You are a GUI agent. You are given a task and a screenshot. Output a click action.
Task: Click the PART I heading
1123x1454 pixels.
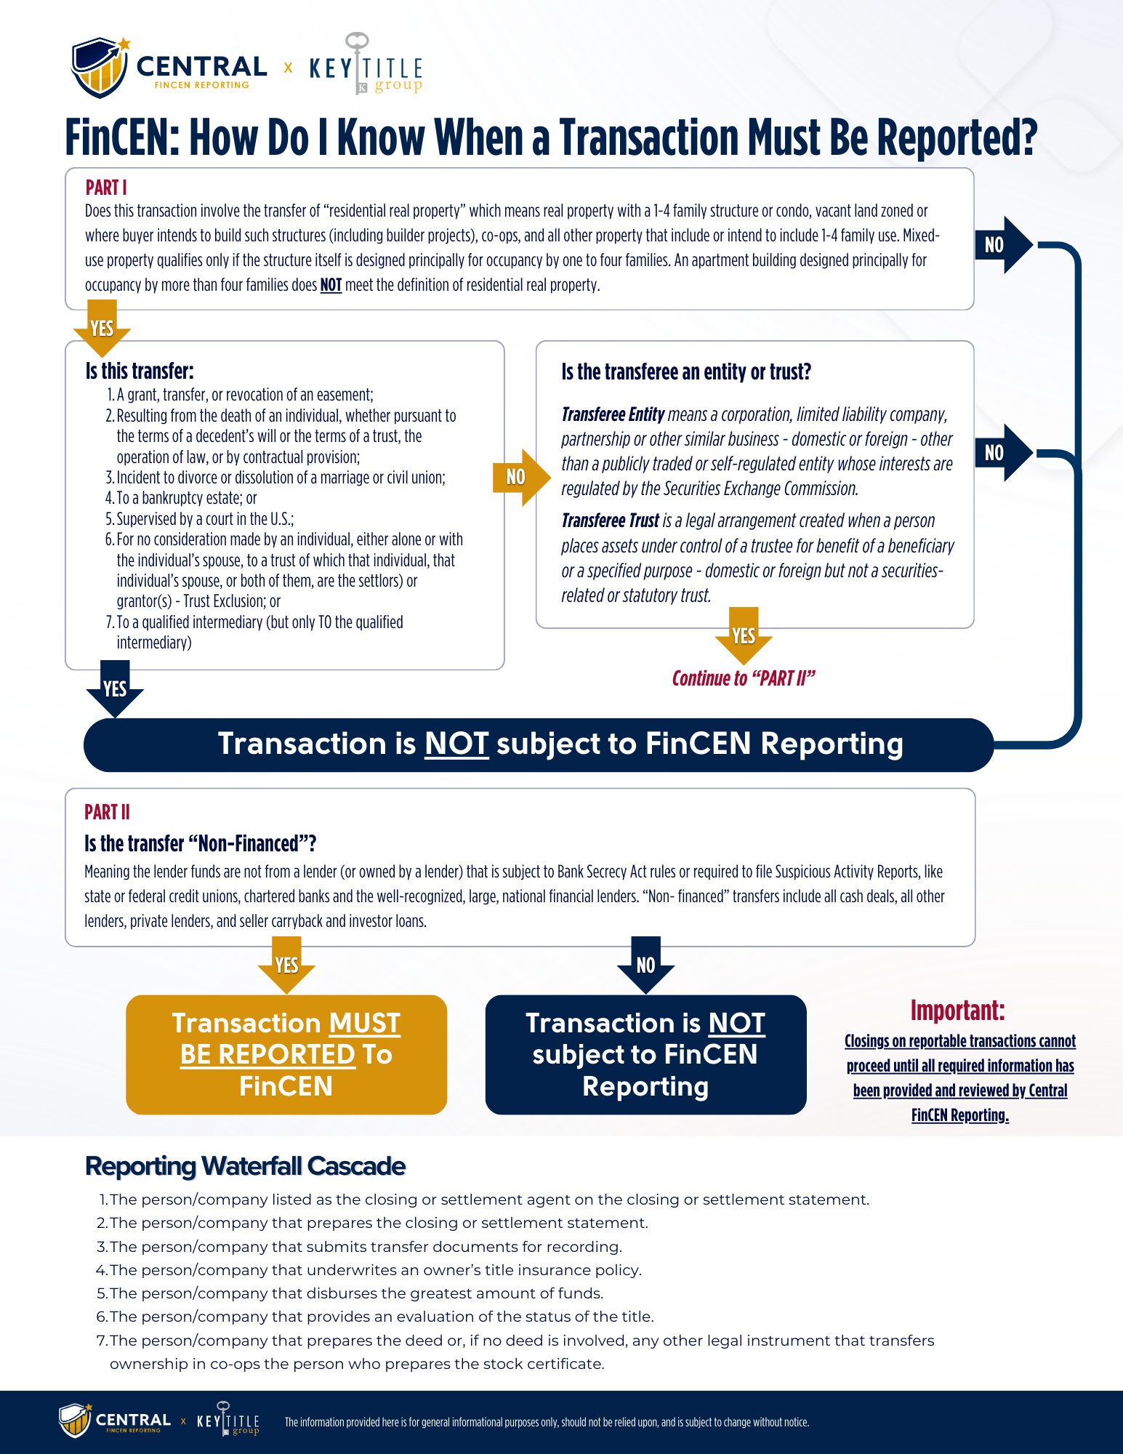(x=106, y=188)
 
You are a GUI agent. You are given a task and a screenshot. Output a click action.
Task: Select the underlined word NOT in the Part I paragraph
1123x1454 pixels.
(x=331, y=285)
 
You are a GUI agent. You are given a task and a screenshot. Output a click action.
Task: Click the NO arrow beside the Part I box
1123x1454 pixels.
(x=1002, y=245)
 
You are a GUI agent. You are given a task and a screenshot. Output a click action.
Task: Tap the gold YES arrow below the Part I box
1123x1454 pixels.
(x=102, y=328)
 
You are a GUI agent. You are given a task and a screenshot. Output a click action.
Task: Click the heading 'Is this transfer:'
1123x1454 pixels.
(x=140, y=371)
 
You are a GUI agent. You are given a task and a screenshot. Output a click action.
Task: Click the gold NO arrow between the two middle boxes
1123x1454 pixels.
(x=519, y=477)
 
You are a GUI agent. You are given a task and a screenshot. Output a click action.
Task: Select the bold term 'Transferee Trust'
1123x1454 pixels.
(x=610, y=521)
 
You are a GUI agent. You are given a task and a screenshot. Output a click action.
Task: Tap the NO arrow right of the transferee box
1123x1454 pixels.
(x=1002, y=453)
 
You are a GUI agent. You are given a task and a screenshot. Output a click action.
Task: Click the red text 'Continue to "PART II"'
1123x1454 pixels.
(x=743, y=678)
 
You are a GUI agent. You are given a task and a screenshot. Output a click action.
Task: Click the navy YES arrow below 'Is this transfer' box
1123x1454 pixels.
(x=115, y=688)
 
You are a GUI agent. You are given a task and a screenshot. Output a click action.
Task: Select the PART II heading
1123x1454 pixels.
(x=107, y=812)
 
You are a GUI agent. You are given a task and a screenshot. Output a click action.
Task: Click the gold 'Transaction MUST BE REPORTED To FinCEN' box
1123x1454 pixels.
(x=286, y=1054)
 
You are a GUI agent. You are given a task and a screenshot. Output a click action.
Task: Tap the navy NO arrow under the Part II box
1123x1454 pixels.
(x=645, y=965)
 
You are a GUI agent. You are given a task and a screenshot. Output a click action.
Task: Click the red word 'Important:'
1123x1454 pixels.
(x=957, y=1011)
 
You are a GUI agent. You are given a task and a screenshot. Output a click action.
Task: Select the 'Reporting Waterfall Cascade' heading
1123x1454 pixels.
(x=245, y=1166)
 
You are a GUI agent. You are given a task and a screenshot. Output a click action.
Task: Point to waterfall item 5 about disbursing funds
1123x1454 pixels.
(x=355, y=1293)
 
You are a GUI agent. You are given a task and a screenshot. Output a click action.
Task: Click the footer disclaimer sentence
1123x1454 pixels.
(x=547, y=1422)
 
